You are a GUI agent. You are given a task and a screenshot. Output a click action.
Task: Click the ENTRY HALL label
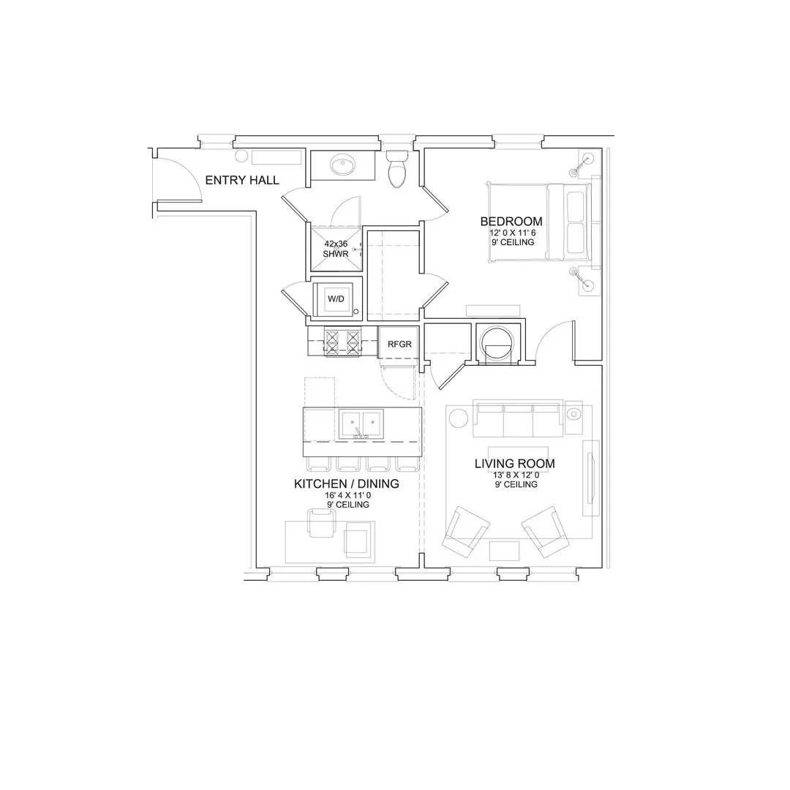[x=242, y=180]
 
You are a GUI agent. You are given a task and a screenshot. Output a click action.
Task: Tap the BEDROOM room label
[x=511, y=221]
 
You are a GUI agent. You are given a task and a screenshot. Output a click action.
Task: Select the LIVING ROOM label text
[x=515, y=464]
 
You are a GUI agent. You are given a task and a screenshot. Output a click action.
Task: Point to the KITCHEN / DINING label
[x=347, y=484]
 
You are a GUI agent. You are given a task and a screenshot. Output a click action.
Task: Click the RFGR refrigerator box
[x=399, y=344]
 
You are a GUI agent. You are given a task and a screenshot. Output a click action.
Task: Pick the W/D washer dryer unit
[x=336, y=298]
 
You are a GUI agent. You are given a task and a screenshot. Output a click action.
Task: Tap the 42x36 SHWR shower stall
[x=336, y=249]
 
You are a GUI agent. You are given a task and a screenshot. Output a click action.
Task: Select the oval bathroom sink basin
[x=342, y=165]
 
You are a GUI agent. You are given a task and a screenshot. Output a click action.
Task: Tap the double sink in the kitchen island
[x=361, y=424]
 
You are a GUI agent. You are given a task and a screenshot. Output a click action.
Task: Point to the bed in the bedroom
[x=539, y=222]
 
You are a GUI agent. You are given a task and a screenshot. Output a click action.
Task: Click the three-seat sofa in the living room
[x=518, y=419]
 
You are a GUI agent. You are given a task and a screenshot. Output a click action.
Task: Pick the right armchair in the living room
[x=546, y=531]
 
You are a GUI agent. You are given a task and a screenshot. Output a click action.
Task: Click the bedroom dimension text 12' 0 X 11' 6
[x=512, y=233]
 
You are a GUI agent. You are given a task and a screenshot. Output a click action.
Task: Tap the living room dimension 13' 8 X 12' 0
[x=516, y=475]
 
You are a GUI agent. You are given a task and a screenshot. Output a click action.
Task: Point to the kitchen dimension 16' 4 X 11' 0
[x=347, y=495]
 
